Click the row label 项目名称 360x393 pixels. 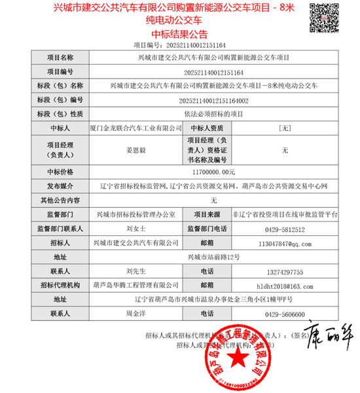pos(57,58)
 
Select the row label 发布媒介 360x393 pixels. pos(57,186)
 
